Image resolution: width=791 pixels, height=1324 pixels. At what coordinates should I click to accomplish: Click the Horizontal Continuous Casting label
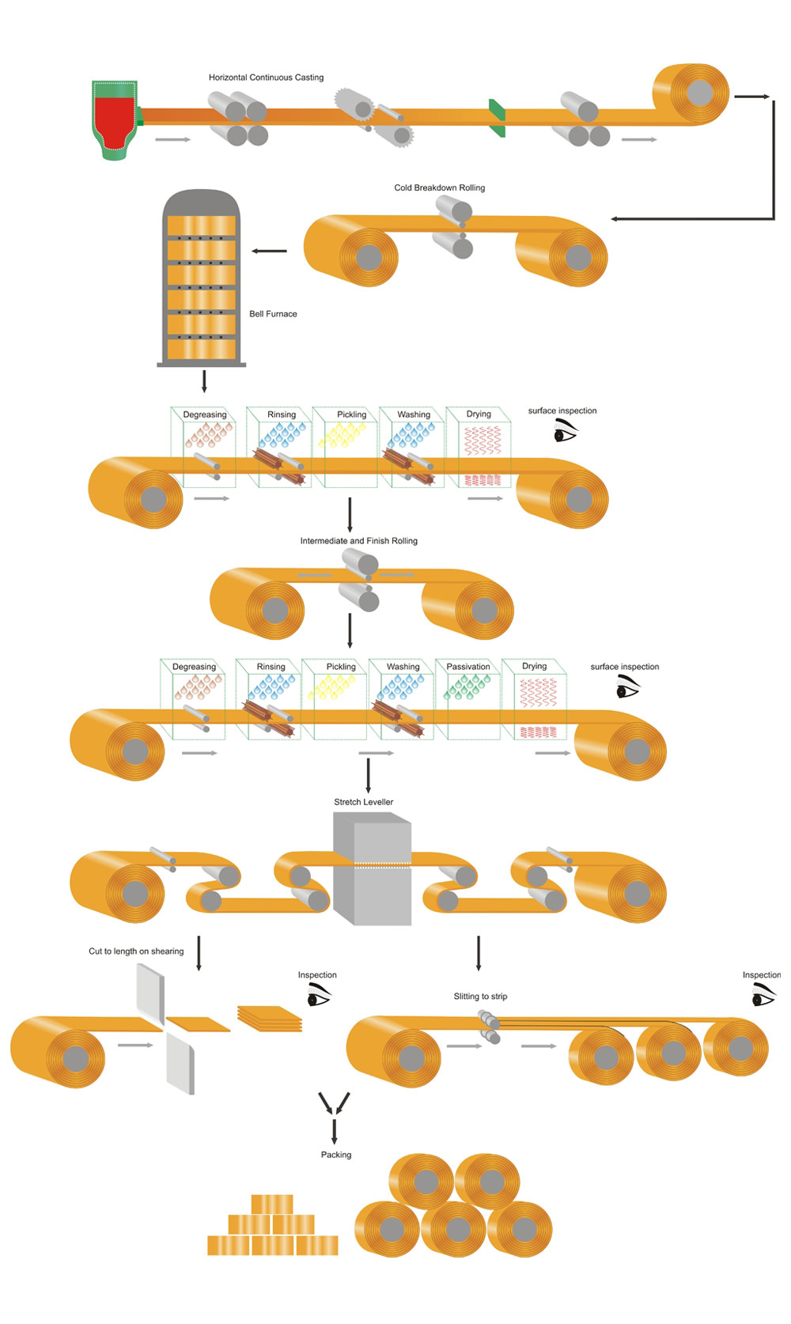pyautogui.click(x=266, y=78)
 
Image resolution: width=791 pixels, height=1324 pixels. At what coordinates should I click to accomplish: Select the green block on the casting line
pyautogui.click(x=497, y=116)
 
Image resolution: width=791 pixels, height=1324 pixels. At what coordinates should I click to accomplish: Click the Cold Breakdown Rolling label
pyautogui.click(x=439, y=187)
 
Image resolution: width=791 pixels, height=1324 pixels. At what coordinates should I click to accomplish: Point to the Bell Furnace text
pyautogui.click(x=273, y=314)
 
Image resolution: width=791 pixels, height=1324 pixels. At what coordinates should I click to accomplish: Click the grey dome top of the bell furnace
pyautogui.click(x=201, y=202)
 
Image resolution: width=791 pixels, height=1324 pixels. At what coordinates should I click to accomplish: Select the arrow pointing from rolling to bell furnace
pyautogui.click(x=270, y=252)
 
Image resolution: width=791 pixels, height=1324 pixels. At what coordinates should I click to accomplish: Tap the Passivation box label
pyautogui.click(x=468, y=667)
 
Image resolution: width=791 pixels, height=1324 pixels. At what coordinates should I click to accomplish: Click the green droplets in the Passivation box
pyautogui.click(x=467, y=687)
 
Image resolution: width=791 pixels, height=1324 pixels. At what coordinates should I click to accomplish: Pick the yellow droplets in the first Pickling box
pyautogui.click(x=342, y=434)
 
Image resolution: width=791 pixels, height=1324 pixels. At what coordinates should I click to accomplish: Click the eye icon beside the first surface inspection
pyautogui.click(x=565, y=431)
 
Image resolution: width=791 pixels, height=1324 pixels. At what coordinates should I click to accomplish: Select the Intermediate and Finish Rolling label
pyautogui.click(x=358, y=541)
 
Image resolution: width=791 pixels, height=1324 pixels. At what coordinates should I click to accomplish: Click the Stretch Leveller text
pyautogui.click(x=363, y=802)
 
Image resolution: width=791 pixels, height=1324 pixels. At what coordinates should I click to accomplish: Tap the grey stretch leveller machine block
pyautogui.click(x=373, y=870)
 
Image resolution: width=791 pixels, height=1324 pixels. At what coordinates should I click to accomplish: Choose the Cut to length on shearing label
pyautogui.click(x=136, y=951)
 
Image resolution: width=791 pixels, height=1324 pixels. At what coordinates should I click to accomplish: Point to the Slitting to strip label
pyautogui.click(x=480, y=997)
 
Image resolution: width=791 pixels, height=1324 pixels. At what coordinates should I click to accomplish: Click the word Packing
pyautogui.click(x=336, y=1155)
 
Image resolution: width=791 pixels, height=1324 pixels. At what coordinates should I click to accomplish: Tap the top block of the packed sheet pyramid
pyautogui.click(x=272, y=1204)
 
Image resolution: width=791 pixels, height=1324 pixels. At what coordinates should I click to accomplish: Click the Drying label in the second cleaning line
pyautogui.click(x=534, y=666)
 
